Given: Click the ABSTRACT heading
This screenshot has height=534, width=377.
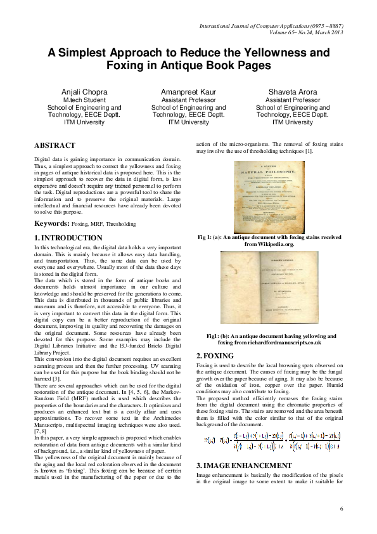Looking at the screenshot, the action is (54, 145).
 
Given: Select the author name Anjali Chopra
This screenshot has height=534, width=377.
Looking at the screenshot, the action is (84, 92).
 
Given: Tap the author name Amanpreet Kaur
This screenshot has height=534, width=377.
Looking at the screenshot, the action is (188, 92).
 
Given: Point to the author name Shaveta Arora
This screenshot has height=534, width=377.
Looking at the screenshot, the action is (292, 92).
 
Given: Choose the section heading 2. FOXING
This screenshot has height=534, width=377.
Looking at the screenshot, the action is (215, 356).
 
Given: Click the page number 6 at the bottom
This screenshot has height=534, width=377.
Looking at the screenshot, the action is (341, 509).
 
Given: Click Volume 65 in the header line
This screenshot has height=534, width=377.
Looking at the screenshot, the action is (284, 32).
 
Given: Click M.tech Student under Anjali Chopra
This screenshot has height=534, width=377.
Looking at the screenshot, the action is (84, 100).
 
